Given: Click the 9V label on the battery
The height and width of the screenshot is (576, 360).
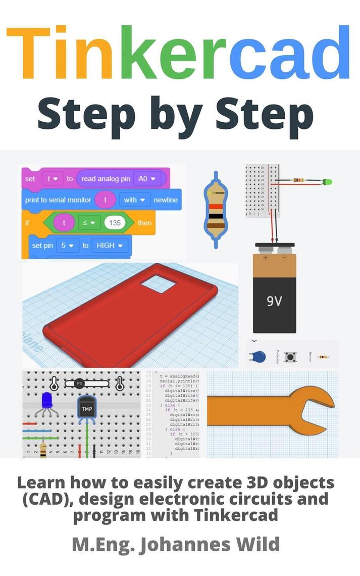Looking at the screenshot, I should (x=274, y=302).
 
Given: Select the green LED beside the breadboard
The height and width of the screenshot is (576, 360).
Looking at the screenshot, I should (x=328, y=181).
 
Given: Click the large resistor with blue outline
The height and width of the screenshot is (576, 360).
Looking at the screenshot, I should (x=216, y=209).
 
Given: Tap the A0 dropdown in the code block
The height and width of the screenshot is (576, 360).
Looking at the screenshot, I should (x=144, y=178).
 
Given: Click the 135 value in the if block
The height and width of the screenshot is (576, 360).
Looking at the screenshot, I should (x=115, y=222).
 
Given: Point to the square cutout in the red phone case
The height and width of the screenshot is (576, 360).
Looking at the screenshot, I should (x=159, y=284).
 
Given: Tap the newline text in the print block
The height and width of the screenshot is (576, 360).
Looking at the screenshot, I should (x=166, y=200).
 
